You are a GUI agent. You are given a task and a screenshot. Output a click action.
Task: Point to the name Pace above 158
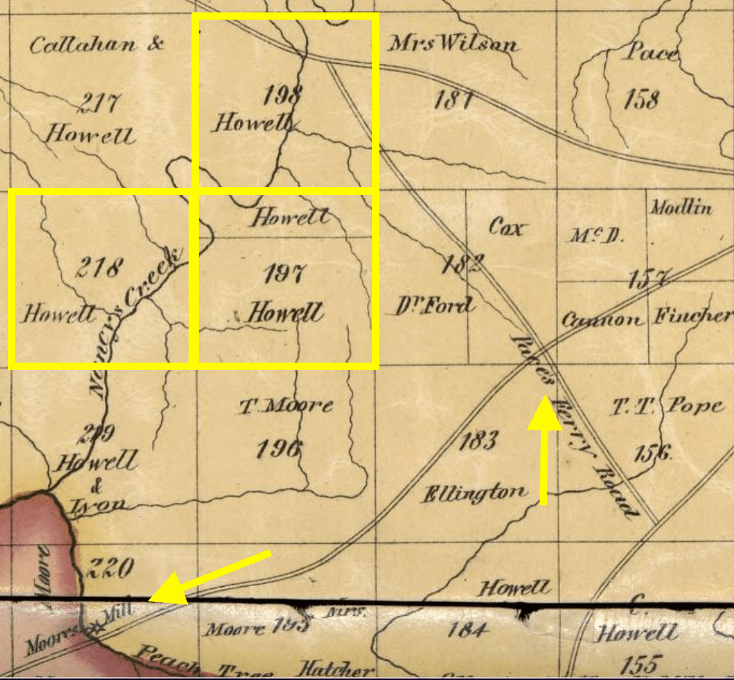pos(652,53)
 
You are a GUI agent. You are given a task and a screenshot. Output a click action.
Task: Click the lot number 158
pos(641,98)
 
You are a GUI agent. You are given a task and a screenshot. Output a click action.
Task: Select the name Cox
pos(505,228)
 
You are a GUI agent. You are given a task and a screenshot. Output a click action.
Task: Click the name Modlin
pos(681,208)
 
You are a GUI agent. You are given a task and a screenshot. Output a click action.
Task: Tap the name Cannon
pos(602,320)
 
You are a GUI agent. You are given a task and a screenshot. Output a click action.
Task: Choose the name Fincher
pos(692,316)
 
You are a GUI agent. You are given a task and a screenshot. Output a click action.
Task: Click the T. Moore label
pos(285,406)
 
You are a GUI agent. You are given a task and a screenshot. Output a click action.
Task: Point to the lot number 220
pos(110,566)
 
